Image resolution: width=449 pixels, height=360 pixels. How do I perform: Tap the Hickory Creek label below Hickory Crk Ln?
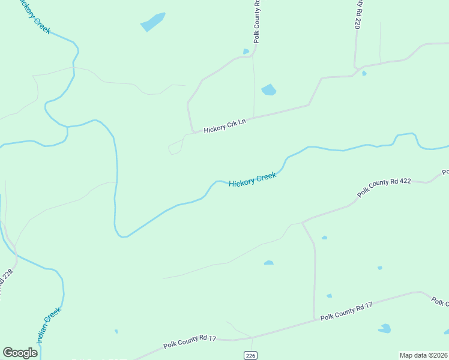click(x=252, y=179)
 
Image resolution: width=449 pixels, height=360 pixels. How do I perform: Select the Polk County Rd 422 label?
click(x=384, y=187)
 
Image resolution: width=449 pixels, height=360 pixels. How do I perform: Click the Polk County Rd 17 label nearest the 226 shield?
click(x=190, y=343)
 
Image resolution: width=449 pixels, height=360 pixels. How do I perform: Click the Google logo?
click(x=20, y=353)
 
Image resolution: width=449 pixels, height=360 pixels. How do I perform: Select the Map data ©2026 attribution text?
click(x=423, y=355)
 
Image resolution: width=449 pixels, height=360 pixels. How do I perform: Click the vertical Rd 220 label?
click(x=358, y=14)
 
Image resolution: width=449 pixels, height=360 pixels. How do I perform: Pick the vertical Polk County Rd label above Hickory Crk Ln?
click(x=257, y=21)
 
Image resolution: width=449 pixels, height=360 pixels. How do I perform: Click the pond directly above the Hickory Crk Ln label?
click(x=269, y=90)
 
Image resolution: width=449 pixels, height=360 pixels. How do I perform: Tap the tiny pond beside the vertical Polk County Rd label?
click(x=246, y=52)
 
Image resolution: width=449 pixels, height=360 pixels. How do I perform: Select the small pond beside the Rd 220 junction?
click(x=364, y=74)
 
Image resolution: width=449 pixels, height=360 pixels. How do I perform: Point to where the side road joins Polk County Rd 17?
click(x=315, y=319)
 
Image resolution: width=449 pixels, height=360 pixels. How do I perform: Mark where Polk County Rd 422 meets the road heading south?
click(x=303, y=222)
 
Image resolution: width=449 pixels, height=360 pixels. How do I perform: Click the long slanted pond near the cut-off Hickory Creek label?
click(x=152, y=22)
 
